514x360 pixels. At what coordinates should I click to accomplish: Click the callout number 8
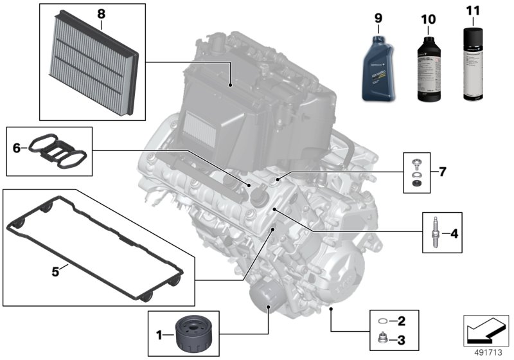click(x=100, y=12)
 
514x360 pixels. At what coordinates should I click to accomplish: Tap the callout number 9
click(x=378, y=18)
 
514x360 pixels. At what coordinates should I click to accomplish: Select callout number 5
click(x=55, y=271)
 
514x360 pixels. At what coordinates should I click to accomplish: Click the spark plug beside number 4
click(x=435, y=234)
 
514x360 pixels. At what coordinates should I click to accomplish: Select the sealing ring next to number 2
click(x=383, y=320)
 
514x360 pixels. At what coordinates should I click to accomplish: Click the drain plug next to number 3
click(x=383, y=337)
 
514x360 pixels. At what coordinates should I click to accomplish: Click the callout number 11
click(x=474, y=11)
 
